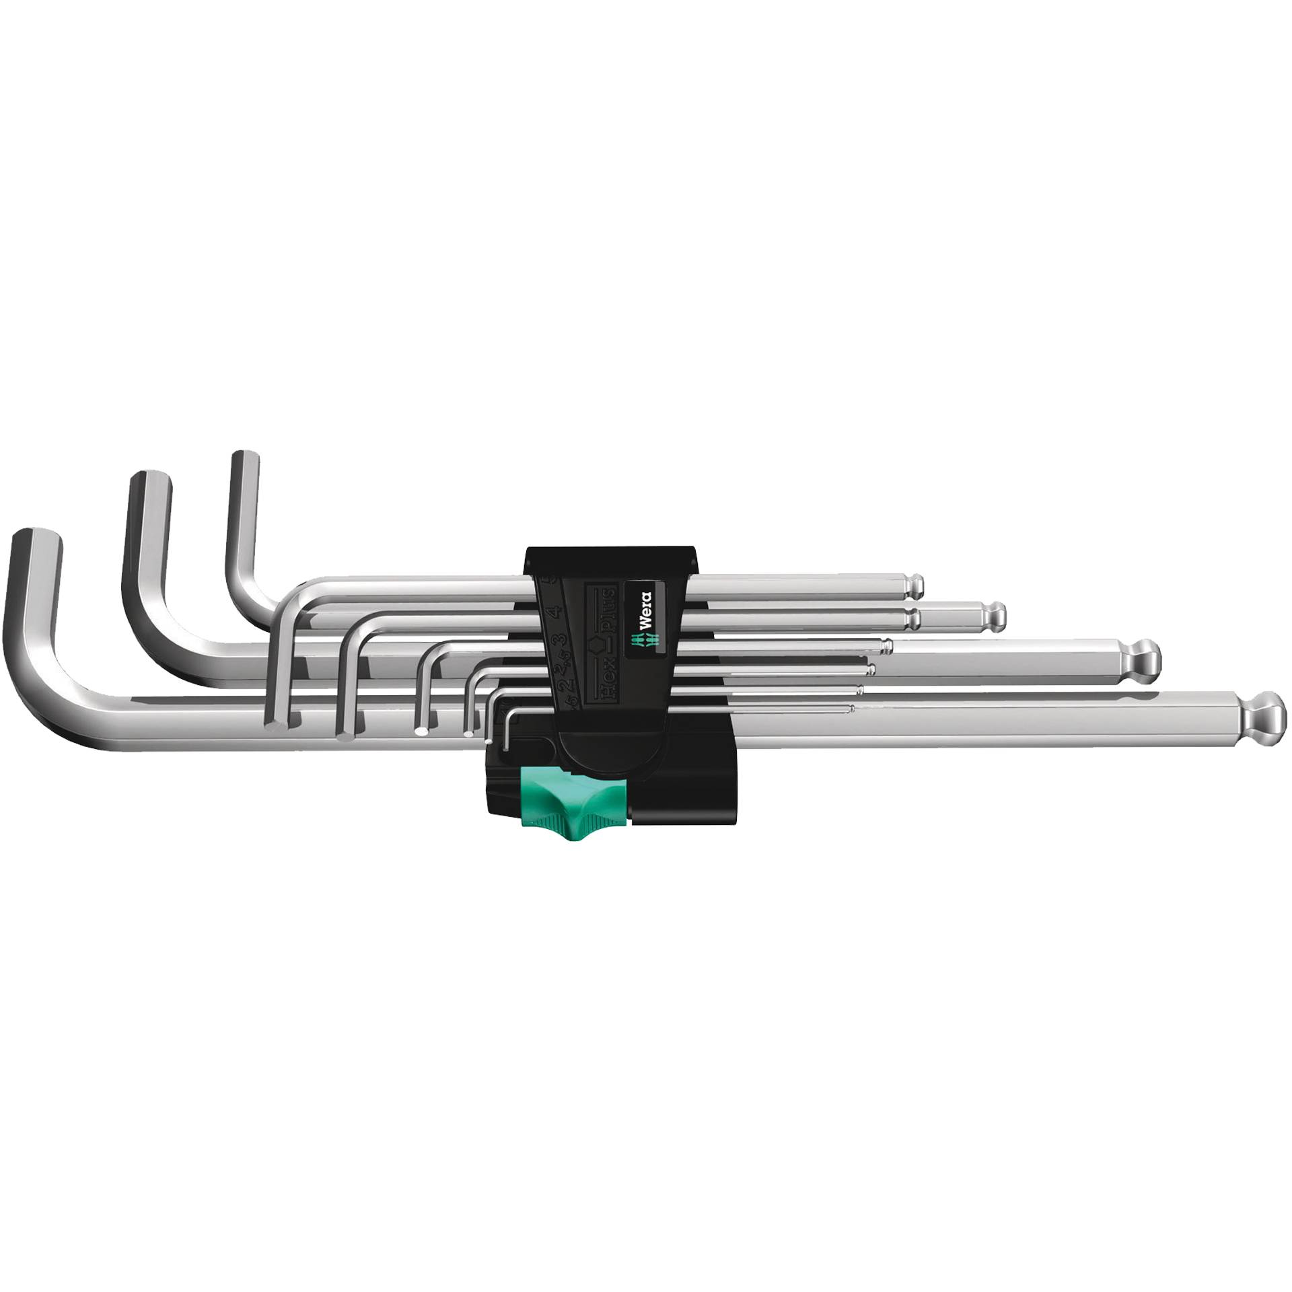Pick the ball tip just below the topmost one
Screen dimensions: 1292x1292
pos(996,614)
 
